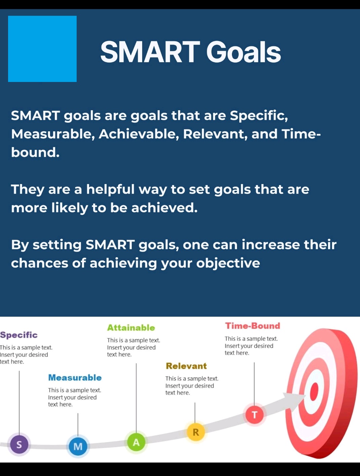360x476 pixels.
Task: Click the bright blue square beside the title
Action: pos(42,49)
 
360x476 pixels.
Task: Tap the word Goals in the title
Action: pos(243,52)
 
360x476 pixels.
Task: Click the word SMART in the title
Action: pos(150,52)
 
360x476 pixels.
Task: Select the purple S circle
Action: pos(19,444)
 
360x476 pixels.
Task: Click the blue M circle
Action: pos(78,446)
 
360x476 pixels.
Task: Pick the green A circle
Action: pos(136,442)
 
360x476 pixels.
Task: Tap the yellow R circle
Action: pos(196,432)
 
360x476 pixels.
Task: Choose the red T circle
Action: pos(254,415)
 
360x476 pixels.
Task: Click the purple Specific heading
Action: pos(19,335)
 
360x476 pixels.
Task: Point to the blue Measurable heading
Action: pos(75,378)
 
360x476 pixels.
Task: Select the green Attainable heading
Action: pos(131,328)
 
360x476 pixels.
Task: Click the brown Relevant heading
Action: pos(186,366)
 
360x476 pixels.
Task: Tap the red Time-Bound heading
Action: pos(252,326)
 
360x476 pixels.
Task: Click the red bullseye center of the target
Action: pos(314,392)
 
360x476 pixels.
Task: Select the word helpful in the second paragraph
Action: pos(111,189)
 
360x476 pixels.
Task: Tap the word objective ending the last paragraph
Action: pos(228,264)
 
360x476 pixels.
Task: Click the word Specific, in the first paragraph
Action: pos(259,116)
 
